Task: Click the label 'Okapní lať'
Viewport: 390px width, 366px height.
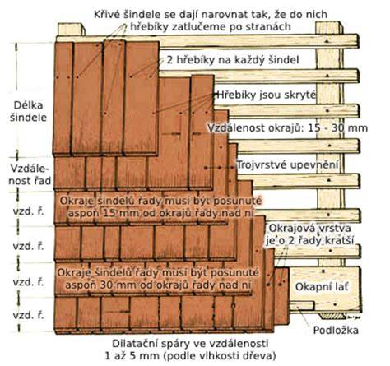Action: tap(322, 287)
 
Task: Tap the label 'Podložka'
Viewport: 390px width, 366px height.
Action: tap(336, 330)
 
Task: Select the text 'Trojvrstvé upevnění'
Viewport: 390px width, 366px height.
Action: tap(287, 165)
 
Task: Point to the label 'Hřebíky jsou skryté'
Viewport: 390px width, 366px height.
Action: tap(267, 95)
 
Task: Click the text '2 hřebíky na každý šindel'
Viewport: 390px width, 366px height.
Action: tap(233, 60)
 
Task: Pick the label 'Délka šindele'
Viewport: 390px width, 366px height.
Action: tap(29, 111)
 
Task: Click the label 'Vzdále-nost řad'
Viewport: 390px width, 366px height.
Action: tap(30, 174)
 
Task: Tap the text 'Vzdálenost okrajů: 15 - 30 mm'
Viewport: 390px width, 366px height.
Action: tap(287, 127)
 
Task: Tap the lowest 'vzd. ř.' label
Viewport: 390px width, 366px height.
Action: tap(28, 315)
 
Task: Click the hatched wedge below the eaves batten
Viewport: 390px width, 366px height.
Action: tap(333, 317)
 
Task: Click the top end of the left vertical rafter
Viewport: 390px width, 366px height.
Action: tap(71, 25)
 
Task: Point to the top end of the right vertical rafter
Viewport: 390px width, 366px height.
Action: tap(328, 23)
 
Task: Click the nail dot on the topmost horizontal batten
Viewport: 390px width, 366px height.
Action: tap(327, 41)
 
